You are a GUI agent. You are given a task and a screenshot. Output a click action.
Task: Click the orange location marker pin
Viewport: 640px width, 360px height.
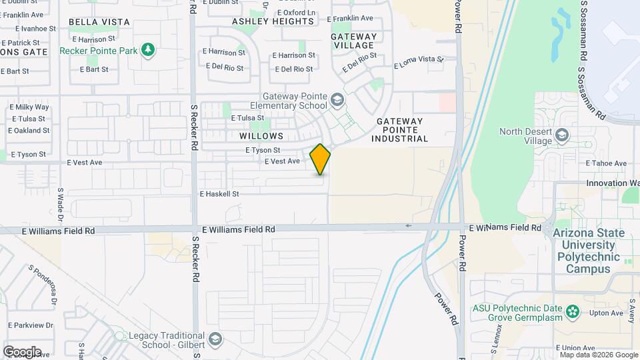pyautogui.click(x=320, y=159)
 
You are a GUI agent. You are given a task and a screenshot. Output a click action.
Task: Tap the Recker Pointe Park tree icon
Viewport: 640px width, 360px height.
pyautogui.click(x=147, y=50)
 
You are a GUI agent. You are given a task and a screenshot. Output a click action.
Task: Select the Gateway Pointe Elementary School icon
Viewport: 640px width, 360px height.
pyautogui.click(x=337, y=101)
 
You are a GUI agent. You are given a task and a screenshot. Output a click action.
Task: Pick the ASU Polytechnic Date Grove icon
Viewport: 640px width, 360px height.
pyautogui.click(x=571, y=311)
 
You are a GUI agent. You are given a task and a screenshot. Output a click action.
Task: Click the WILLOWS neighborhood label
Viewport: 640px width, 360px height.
pyautogui.click(x=257, y=135)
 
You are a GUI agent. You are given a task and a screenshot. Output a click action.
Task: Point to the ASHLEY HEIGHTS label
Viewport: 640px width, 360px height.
pyautogui.click(x=273, y=21)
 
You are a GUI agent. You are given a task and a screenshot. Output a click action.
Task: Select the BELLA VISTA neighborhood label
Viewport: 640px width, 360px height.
pyautogui.click(x=99, y=22)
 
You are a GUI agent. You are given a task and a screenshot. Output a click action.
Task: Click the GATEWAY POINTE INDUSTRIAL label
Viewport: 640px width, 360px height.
pyautogui.click(x=400, y=130)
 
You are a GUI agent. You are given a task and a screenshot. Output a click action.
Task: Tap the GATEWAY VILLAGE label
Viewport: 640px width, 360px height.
pyautogui.click(x=353, y=41)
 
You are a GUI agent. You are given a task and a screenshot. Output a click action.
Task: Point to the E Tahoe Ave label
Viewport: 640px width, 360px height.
pyautogui.click(x=606, y=163)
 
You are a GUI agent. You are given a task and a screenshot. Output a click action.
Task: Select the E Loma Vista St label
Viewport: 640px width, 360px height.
pyautogui.click(x=419, y=63)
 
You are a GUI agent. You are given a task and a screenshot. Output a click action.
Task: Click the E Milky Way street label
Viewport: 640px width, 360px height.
pyautogui.click(x=29, y=107)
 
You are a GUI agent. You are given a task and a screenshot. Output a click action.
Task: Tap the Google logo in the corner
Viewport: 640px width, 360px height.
pyautogui.click(x=21, y=351)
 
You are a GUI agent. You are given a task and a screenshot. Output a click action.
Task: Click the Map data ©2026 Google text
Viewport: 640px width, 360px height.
pyautogui.click(x=589, y=355)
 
